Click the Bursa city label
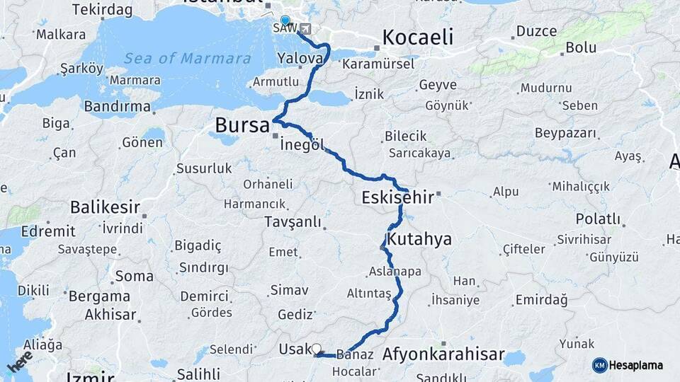point(242,127)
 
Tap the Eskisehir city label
point(397,197)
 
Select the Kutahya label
point(419,238)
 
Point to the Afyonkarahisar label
point(443,354)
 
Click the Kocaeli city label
point(417,37)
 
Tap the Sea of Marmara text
point(188,58)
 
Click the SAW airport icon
point(305,29)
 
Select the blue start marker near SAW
point(285,21)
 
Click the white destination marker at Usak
point(316,348)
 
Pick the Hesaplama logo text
point(636,365)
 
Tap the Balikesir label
point(105,207)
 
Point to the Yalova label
point(300,57)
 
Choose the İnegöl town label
point(302,145)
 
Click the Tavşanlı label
point(293,221)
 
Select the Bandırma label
point(118,107)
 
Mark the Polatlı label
point(598,219)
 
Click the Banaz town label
point(355,354)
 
